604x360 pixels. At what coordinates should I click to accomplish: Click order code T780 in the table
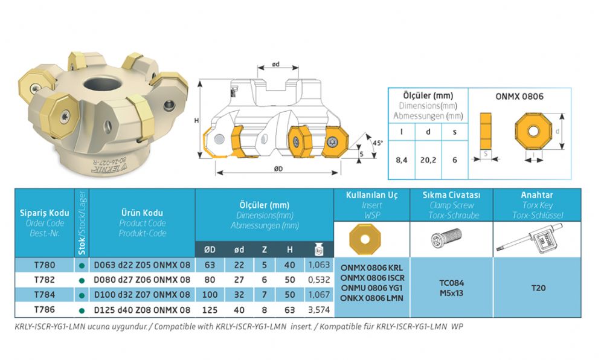click(x=45, y=265)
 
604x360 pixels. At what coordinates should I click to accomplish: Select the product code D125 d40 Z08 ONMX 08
click(x=142, y=310)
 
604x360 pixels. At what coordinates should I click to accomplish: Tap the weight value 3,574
click(x=319, y=310)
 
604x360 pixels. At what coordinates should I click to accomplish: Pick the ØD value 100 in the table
click(x=210, y=295)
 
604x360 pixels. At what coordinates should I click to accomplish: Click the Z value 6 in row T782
click(x=265, y=280)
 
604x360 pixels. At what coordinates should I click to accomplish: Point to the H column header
click(x=290, y=250)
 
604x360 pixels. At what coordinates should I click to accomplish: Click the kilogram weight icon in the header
click(x=319, y=249)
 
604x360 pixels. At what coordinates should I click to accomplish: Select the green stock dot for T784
click(x=82, y=296)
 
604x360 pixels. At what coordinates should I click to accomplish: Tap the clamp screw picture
click(x=446, y=237)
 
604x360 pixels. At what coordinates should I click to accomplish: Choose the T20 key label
click(x=538, y=288)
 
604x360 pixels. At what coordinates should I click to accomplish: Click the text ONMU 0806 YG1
click(x=371, y=288)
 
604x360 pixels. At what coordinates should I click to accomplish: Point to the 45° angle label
click(x=377, y=143)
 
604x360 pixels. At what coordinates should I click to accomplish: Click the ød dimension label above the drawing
click(x=276, y=64)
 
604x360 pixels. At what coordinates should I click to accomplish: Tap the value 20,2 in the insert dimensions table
click(x=428, y=160)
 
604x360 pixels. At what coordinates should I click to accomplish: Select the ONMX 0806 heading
click(x=519, y=96)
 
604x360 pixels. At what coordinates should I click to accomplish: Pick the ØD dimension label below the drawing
click(x=278, y=169)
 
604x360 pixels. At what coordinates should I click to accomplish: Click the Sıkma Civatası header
click(x=451, y=195)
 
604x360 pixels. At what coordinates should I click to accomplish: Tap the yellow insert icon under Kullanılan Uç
click(x=365, y=239)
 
